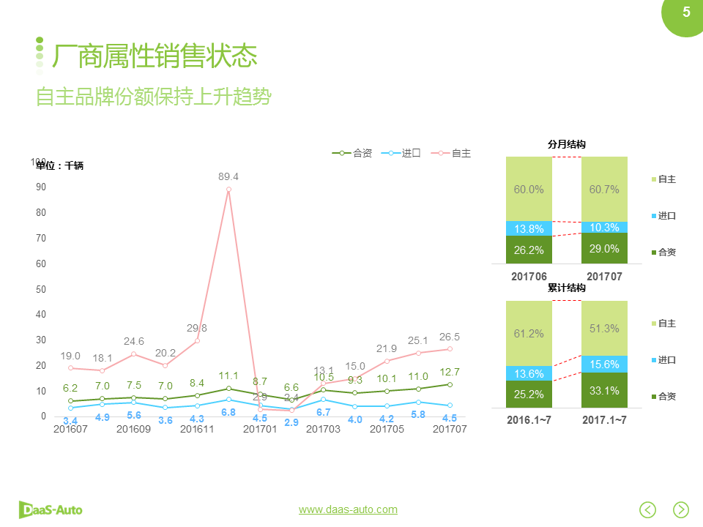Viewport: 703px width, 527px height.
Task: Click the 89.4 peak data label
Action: (228, 177)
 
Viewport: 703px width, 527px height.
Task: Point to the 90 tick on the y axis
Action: (40, 187)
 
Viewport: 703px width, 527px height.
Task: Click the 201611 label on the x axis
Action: (197, 430)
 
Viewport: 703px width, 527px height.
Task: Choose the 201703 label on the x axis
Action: (323, 430)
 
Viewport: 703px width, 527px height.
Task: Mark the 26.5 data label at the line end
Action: (449, 337)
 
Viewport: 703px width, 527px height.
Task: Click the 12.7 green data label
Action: (450, 372)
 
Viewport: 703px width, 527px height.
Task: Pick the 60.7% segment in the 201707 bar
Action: (604, 190)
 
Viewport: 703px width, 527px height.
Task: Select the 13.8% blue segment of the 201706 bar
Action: (529, 228)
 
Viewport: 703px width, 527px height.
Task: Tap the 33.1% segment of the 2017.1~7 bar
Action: (604, 391)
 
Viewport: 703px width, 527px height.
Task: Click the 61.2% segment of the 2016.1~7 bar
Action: (529, 334)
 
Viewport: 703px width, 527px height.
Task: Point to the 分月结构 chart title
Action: (567, 145)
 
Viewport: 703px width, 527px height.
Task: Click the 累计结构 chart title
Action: (567, 288)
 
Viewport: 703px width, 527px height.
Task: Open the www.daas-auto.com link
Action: (348, 509)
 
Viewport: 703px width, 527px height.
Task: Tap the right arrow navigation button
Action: (681, 509)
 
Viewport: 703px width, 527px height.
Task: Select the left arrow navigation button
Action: (647, 509)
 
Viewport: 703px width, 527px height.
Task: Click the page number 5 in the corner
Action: (686, 12)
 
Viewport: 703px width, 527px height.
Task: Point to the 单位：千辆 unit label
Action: (60, 166)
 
